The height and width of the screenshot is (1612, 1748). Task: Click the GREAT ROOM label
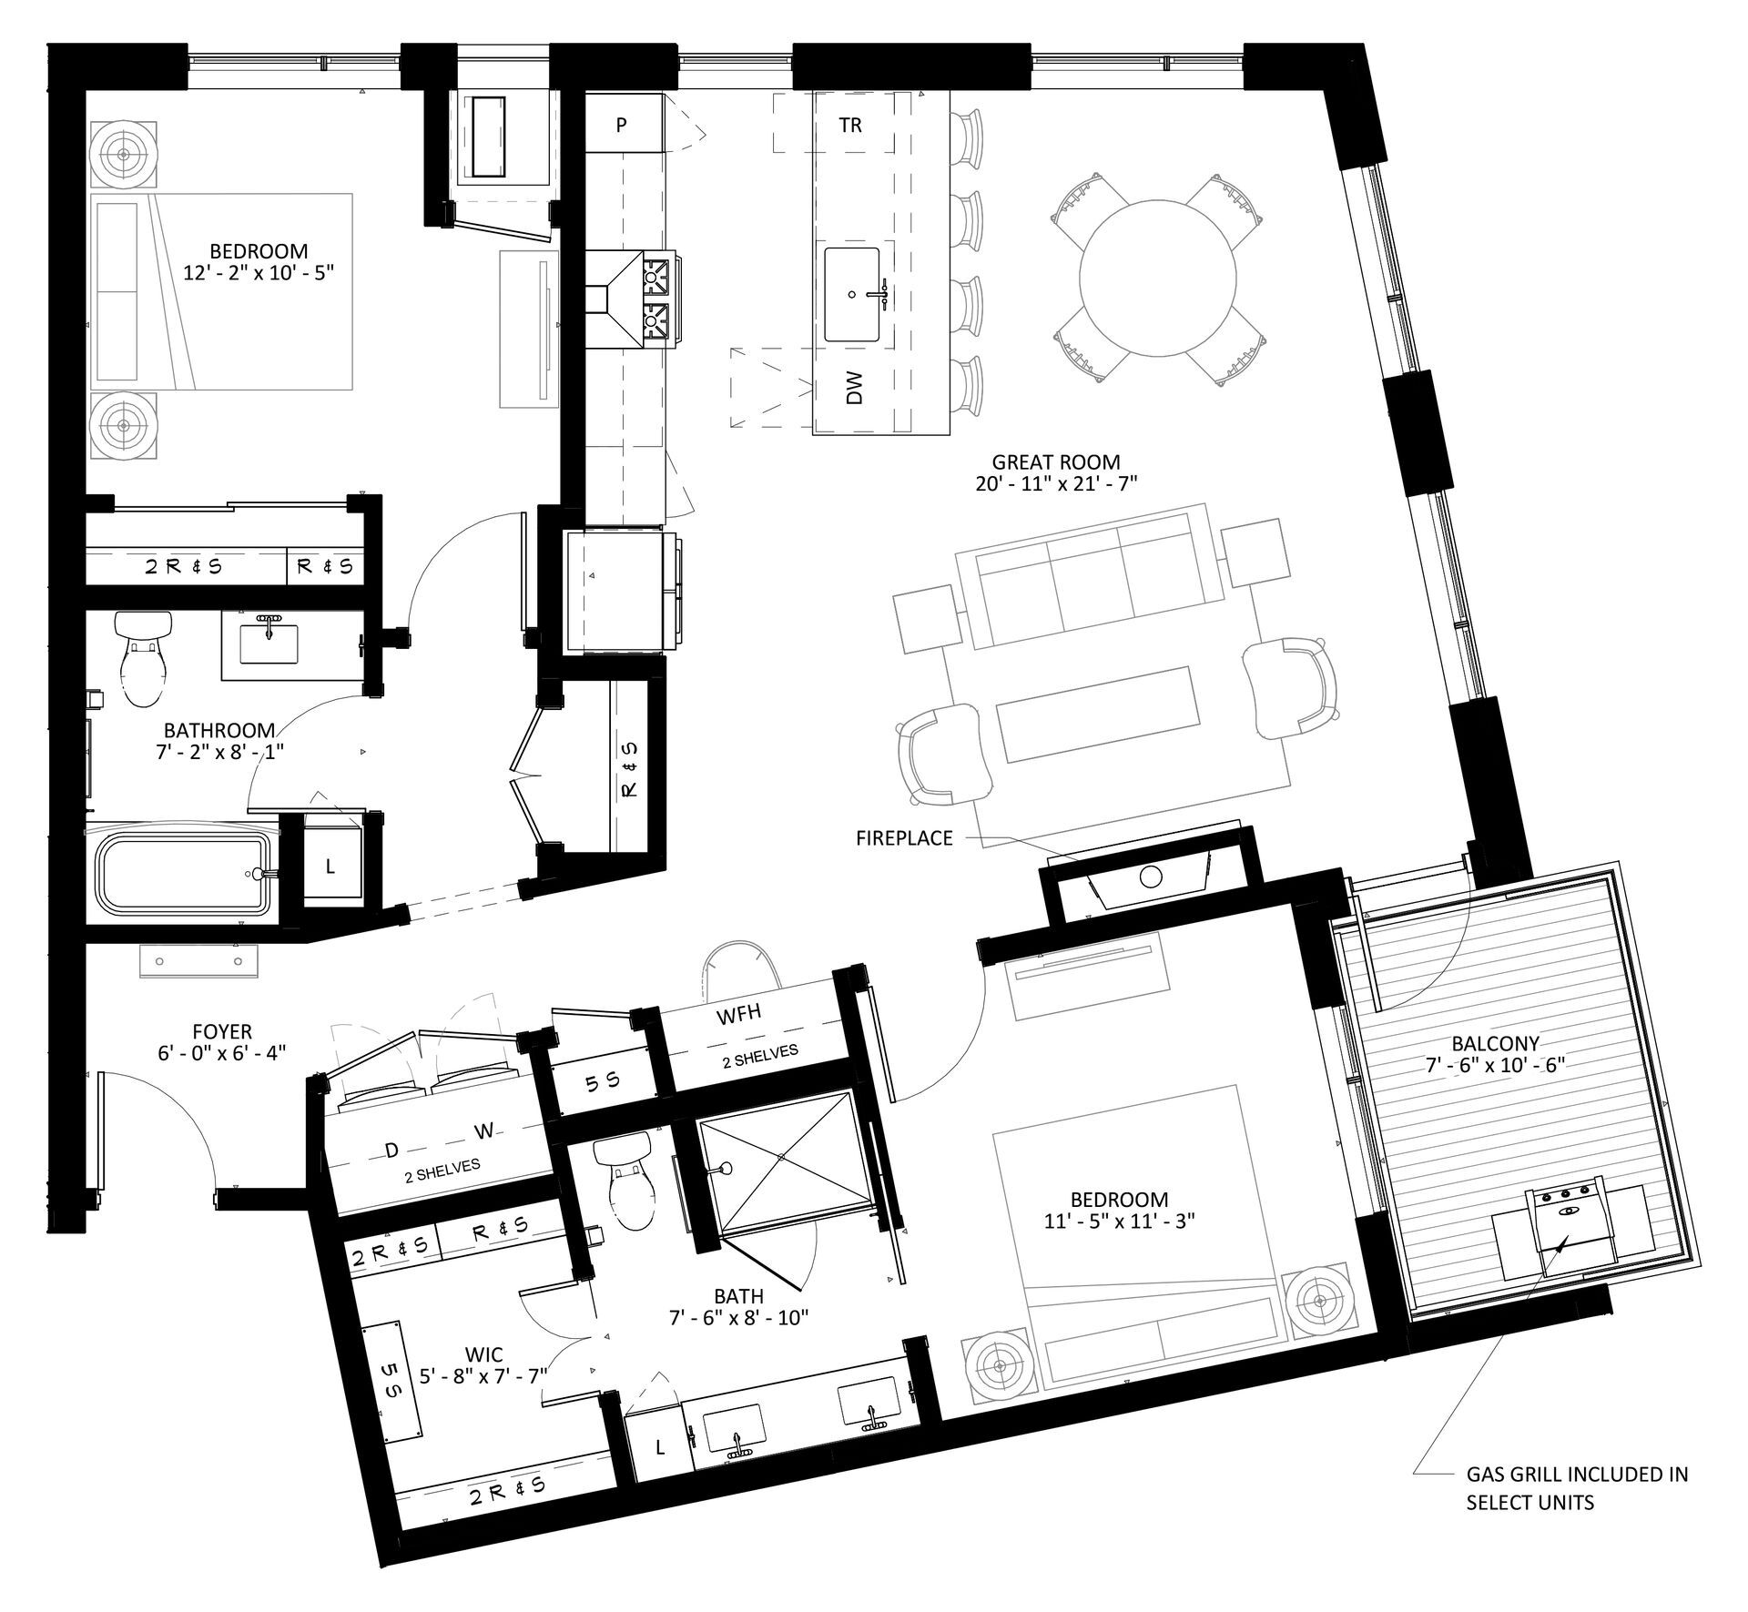tap(1056, 462)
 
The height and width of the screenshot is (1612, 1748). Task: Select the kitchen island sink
tap(852, 294)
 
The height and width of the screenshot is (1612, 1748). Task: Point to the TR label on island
tap(849, 125)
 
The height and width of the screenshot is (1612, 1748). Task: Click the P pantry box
tap(621, 124)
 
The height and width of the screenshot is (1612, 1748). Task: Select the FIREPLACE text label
tap(904, 837)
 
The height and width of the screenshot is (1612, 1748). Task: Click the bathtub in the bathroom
tap(182, 873)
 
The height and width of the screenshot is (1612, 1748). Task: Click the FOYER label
tap(222, 1031)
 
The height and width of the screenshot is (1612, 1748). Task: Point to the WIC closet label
tap(483, 1354)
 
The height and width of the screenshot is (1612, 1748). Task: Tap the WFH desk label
tap(738, 1015)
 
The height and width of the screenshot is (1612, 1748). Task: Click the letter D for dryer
tap(391, 1151)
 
